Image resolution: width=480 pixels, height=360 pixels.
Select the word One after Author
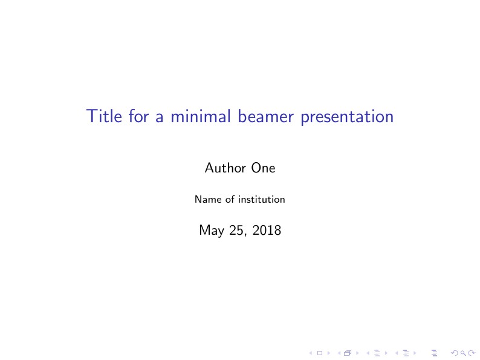click(x=263, y=168)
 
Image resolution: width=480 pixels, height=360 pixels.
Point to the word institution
click(x=261, y=199)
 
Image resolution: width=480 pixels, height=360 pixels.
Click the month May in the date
click(x=210, y=231)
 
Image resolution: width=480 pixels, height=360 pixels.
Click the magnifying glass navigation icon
click(x=462, y=352)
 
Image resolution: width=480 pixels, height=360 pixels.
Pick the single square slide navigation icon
click(x=319, y=352)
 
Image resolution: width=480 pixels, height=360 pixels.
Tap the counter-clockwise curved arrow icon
click(x=455, y=352)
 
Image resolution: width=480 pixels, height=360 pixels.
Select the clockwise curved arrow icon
click(x=470, y=352)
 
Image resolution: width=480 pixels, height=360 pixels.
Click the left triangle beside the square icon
click(x=310, y=352)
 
